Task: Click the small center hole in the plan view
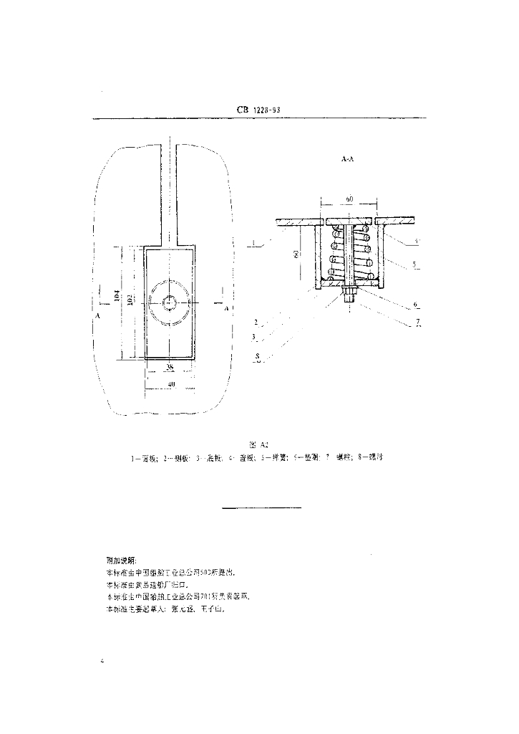point(170,303)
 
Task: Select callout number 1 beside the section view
point(254,245)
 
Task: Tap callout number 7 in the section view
point(417,321)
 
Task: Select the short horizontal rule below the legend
point(262,507)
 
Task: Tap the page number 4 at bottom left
point(104,660)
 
